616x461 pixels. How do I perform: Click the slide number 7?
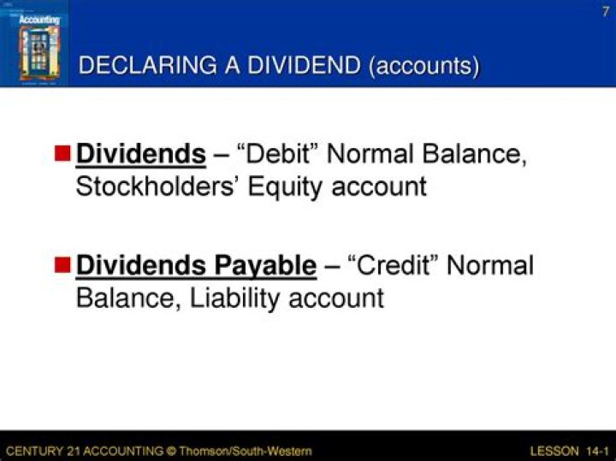tap(605, 11)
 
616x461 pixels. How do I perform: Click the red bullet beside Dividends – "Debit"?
tap(62, 155)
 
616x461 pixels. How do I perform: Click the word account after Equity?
tap(377, 187)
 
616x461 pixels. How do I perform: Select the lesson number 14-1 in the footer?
tap(597, 450)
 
